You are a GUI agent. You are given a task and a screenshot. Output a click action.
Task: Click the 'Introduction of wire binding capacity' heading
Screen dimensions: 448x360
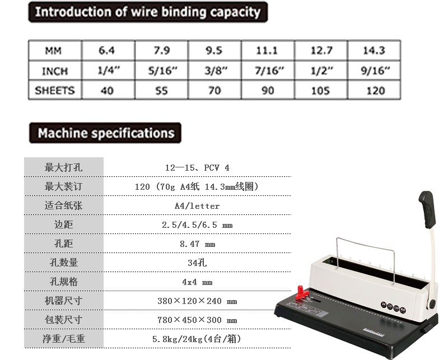(x=148, y=12)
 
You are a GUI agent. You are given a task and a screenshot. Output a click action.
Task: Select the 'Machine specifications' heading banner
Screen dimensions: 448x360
(x=105, y=133)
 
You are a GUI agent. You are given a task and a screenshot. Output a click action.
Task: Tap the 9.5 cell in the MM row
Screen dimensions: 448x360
(x=214, y=50)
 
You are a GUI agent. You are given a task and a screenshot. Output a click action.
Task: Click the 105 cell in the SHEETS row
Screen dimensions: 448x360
(x=320, y=91)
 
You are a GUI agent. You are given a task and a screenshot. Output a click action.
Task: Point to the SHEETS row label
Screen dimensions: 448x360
(x=54, y=91)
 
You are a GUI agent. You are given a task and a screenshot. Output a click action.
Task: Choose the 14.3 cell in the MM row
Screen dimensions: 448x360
(x=374, y=50)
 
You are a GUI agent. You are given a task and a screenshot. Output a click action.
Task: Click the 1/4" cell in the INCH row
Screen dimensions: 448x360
(x=109, y=71)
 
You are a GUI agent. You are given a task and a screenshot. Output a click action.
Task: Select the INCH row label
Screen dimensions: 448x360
(x=55, y=71)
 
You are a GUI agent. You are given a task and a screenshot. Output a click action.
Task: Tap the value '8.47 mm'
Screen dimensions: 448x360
(x=198, y=244)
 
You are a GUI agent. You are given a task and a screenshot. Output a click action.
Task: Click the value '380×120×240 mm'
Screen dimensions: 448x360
(x=197, y=301)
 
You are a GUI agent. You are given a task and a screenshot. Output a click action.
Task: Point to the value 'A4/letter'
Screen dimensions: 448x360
(x=197, y=205)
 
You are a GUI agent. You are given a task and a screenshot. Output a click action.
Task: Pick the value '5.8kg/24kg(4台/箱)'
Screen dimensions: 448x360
(x=197, y=339)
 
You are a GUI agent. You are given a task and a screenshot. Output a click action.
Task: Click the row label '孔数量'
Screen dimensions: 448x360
(x=64, y=262)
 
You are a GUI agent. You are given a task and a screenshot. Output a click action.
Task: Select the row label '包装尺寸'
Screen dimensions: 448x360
(x=64, y=320)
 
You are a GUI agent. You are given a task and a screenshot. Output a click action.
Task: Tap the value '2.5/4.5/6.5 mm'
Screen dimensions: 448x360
(x=197, y=225)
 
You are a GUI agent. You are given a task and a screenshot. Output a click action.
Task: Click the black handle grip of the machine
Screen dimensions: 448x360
(x=427, y=209)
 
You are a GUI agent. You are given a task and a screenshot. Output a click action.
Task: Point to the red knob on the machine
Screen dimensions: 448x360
(x=302, y=292)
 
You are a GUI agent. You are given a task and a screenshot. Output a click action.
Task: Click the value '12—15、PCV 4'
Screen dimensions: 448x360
(x=197, y=168)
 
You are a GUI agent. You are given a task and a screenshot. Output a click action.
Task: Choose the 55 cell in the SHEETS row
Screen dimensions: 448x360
(x=161, y=91)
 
